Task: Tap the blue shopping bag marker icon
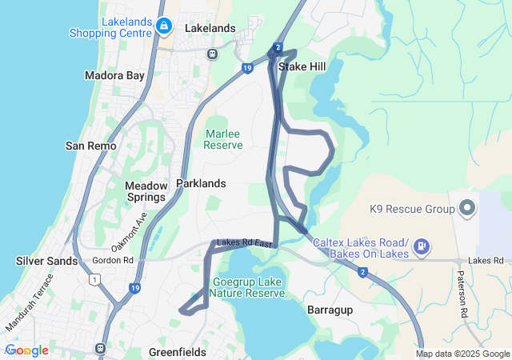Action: (164, 26)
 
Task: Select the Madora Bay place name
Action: (114, 75)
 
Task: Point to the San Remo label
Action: (90, 146)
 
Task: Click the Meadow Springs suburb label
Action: (146, 191)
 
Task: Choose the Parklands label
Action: (201, 183)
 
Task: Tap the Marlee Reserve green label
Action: (223, 139)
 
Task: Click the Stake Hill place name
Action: (302, 67)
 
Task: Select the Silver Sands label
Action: (47, 261)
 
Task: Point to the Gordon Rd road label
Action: (113, 260)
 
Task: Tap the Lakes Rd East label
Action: (244, 242)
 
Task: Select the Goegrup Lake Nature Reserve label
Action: (249, 287)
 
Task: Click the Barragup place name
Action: (331, 307)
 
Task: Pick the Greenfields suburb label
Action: (178, 352)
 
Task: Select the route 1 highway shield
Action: (94, 278)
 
